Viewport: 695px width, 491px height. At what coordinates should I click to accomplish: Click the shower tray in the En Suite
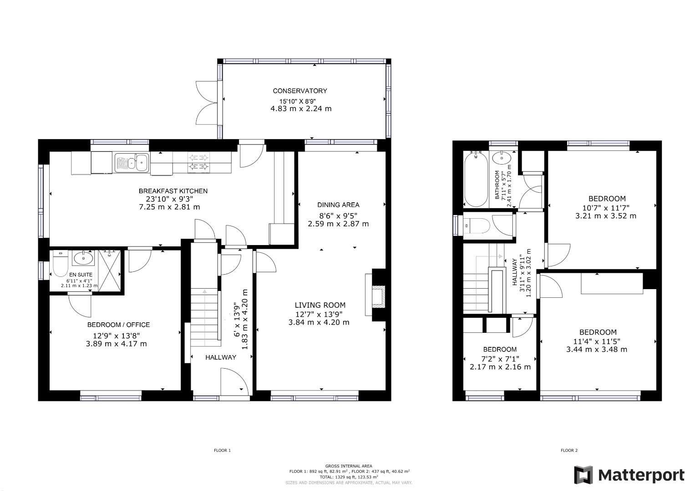pyautogui.click(x=110, y=270)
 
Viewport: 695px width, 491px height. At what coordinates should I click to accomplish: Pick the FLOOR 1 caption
pyautogui.click(x=223, y=451)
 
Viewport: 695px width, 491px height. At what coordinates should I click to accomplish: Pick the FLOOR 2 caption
pyautogui.click(x=569, y=451)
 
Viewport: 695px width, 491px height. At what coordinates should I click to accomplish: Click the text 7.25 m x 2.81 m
pyautogui.click(x=169, y=207)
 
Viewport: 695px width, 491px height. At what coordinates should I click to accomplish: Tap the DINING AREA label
pyautogui.click(x=338, y=205)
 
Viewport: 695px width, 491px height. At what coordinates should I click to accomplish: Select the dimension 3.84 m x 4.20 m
pyautogui.click(x=319, y=322)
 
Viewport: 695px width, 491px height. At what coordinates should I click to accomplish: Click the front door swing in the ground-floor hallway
pyautogui.click(x=234, y=382)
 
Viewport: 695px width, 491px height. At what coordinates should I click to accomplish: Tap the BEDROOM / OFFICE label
pyautogui.click(x=118, y=325)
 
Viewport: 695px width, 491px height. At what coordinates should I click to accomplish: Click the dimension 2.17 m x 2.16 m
pyautogui.click(x=500, y=367)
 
